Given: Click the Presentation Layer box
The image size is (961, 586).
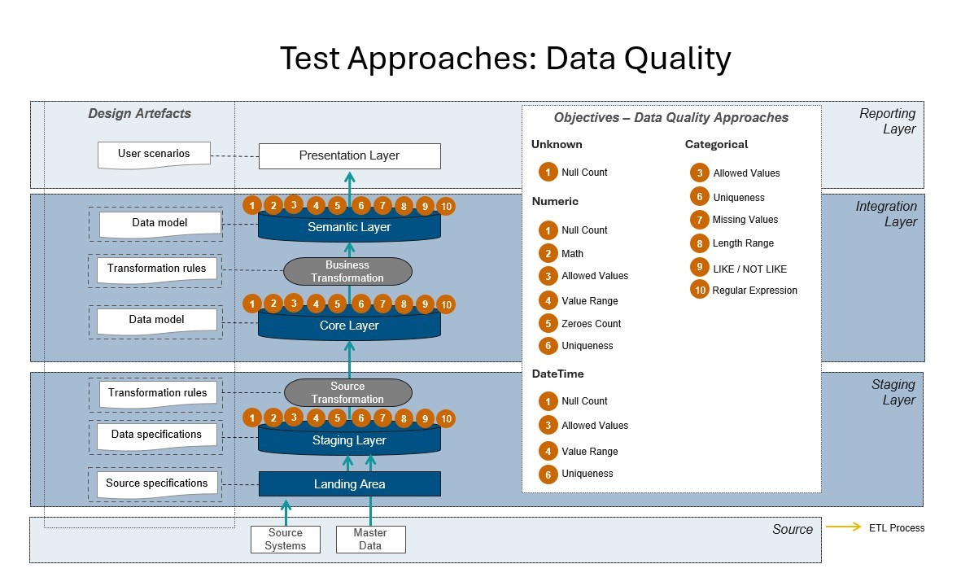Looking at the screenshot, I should (349, 155).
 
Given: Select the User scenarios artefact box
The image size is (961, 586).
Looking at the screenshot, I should (154, 154).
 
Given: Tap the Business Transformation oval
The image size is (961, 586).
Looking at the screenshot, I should (347, 271).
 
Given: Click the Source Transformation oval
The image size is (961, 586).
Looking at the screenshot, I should (347, 392).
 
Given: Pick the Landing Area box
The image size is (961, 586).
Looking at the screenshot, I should (349, 484).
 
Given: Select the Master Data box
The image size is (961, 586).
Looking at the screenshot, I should (370, 540).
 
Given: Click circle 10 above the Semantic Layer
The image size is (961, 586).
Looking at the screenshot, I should (446, 207).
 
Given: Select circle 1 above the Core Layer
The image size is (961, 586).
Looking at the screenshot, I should (253, 304).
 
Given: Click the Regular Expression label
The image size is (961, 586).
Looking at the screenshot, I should (754, 291).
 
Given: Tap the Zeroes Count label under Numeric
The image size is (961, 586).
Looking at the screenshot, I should (591, 324).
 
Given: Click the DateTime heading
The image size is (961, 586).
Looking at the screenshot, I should (557, 374).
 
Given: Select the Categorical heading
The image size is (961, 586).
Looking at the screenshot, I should (716, 145).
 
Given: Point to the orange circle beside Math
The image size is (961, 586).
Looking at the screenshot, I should (548, 253).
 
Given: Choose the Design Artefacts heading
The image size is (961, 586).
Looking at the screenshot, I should (139, 114).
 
